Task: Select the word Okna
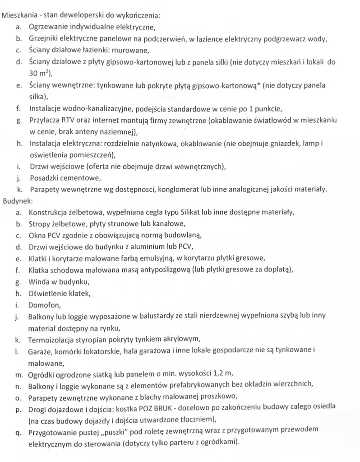(x=37, y=235)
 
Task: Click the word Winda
(x=39, y=282)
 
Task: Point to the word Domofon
(x=43, y=305)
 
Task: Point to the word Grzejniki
(x=46, y=38)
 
